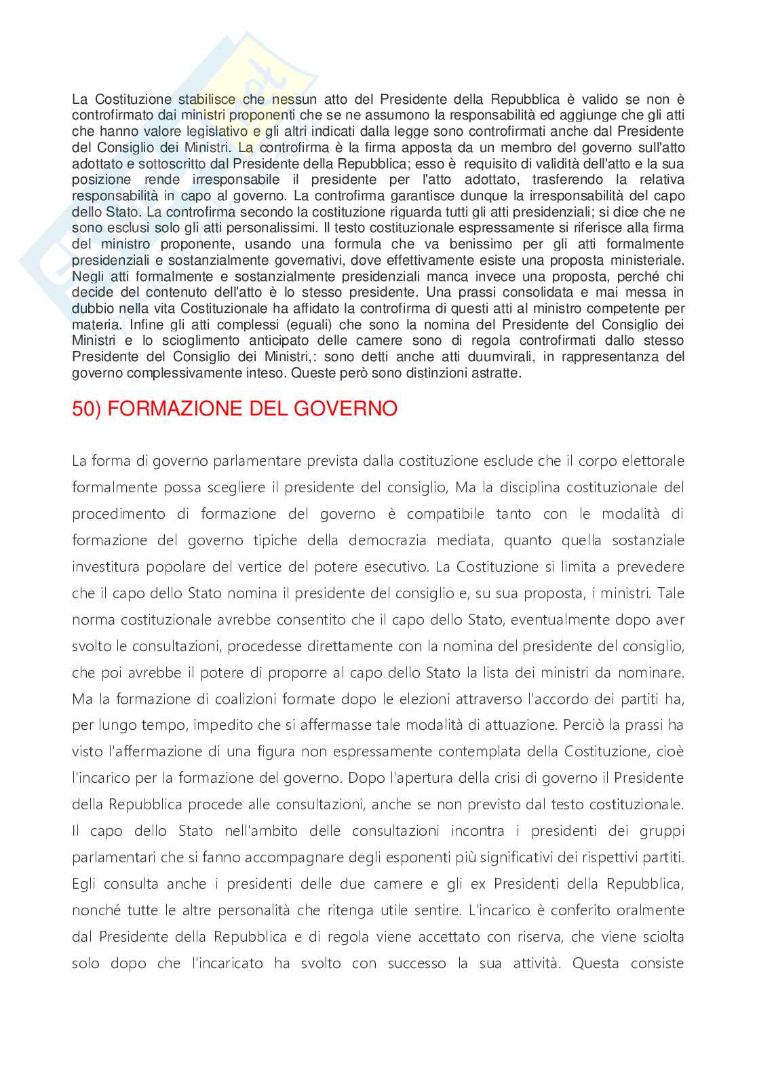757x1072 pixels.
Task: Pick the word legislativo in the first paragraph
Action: (213, 131)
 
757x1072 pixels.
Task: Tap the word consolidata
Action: (538, 293)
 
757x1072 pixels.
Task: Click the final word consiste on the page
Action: (657, 963)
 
